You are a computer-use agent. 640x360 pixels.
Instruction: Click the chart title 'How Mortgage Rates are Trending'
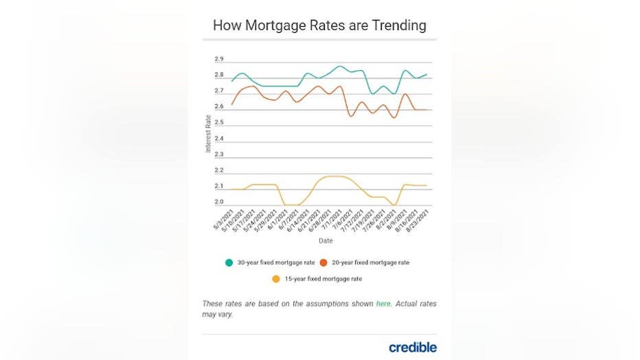click(319, 25)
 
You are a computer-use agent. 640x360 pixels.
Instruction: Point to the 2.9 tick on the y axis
click(219, 59)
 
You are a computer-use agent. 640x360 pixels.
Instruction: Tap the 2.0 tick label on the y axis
click(219, 202)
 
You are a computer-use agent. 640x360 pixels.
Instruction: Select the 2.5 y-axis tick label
click(219, 122)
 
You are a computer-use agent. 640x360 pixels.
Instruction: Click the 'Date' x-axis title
click(325, 240)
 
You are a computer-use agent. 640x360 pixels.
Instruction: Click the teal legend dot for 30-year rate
click(229, 262)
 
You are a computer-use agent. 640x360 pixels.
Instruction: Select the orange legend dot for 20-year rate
click(323, 262)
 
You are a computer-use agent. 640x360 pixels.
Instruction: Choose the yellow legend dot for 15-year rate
click(276, 278)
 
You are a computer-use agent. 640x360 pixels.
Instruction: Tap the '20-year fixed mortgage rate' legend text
click(370, 262)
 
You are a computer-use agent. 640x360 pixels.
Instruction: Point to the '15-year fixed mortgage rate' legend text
click(323, 278)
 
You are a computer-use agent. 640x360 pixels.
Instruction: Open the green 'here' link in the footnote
click(384, 304)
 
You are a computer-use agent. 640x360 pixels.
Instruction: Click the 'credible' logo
click(412, 347)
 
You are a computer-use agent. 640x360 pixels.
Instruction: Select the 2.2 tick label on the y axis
click(219, 170)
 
